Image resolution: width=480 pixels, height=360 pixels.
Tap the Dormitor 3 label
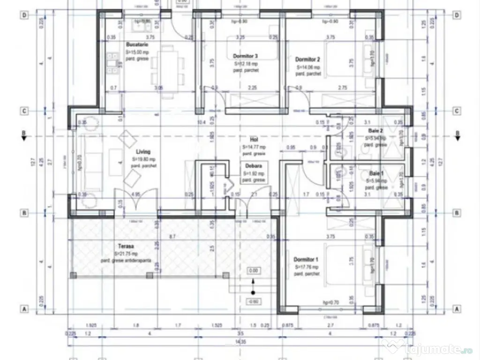pos(245,56)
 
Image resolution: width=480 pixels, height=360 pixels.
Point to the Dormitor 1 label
pos(306,259)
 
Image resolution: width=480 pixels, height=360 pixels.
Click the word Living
pos(143,152)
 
